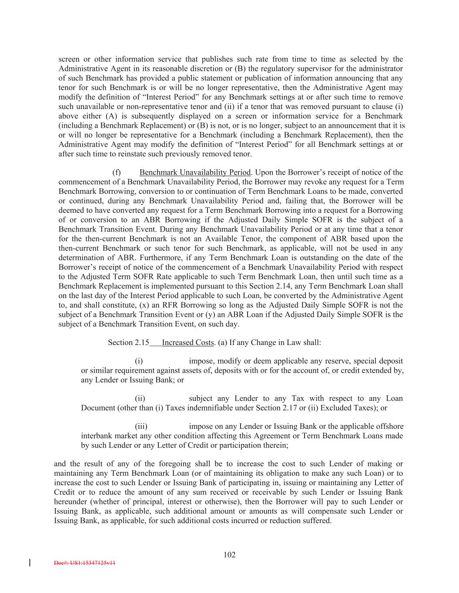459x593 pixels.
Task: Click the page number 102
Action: pos(229,554)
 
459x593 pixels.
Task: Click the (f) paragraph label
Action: pos(117,172)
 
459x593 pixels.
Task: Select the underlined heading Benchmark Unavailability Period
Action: pos(195,172)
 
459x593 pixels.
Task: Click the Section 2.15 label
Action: pos(128,342)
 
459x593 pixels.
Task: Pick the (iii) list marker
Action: pos(141,426)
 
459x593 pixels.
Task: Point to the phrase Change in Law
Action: pos(271,342)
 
